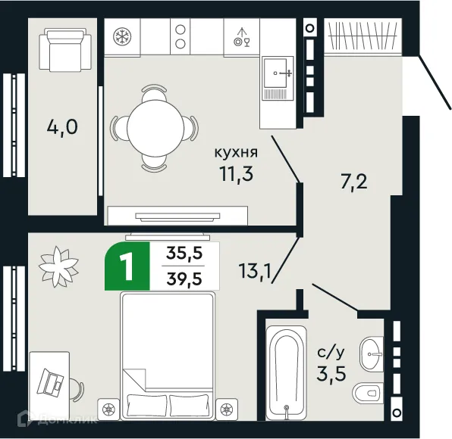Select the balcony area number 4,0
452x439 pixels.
(61, 126)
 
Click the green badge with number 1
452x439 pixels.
(127, 266)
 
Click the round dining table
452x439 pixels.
(154, 126)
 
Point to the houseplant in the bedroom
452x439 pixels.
(58, 263)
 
